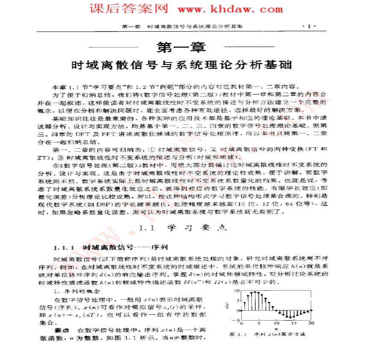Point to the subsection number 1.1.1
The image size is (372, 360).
pyautogui.click(x=65, y=248)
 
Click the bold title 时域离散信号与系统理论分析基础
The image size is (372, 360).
pyautogui.click(x=182, y=65)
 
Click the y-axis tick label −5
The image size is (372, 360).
pyautogui.click(x=236, y=320)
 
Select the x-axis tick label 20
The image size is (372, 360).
pyautogui.click(x=312, y=324)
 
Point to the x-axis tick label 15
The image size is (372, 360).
pyautogui.click(x=294, y=324)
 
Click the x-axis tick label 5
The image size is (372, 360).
pyautogui.click(x=259, y=324)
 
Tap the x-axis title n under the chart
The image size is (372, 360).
pyautogui.click(x=277, y=328)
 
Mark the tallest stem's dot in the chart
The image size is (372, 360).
pyautogui.click(x=256, y=292)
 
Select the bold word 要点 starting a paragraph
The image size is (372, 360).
pyautogui.click(x=62, y=330)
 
